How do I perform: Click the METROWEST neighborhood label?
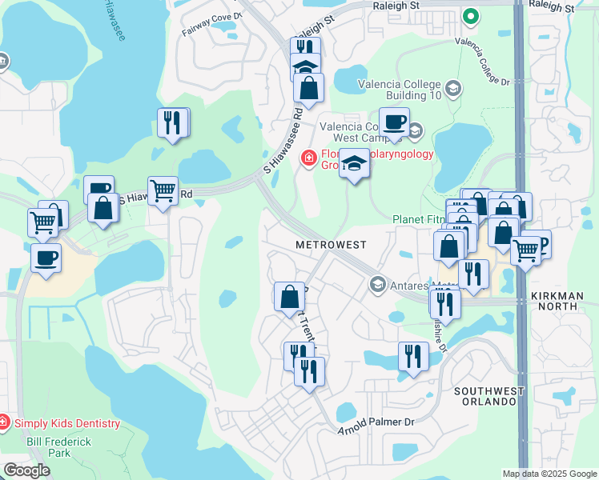[x=331, y=244]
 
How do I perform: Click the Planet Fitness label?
[x=417, y=219]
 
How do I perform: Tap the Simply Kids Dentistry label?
[x=66, y=423]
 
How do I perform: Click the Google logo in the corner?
[x=27, y=470]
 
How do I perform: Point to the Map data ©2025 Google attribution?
[x=549, y=474]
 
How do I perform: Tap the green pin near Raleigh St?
[x=471, y=16]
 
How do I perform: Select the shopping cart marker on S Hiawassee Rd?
[x=163, y=190]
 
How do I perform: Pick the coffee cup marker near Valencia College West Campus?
[x=394, y=122]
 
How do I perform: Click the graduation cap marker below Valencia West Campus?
[x=354, y=164]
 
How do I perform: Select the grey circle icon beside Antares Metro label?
[x=377, y=284]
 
